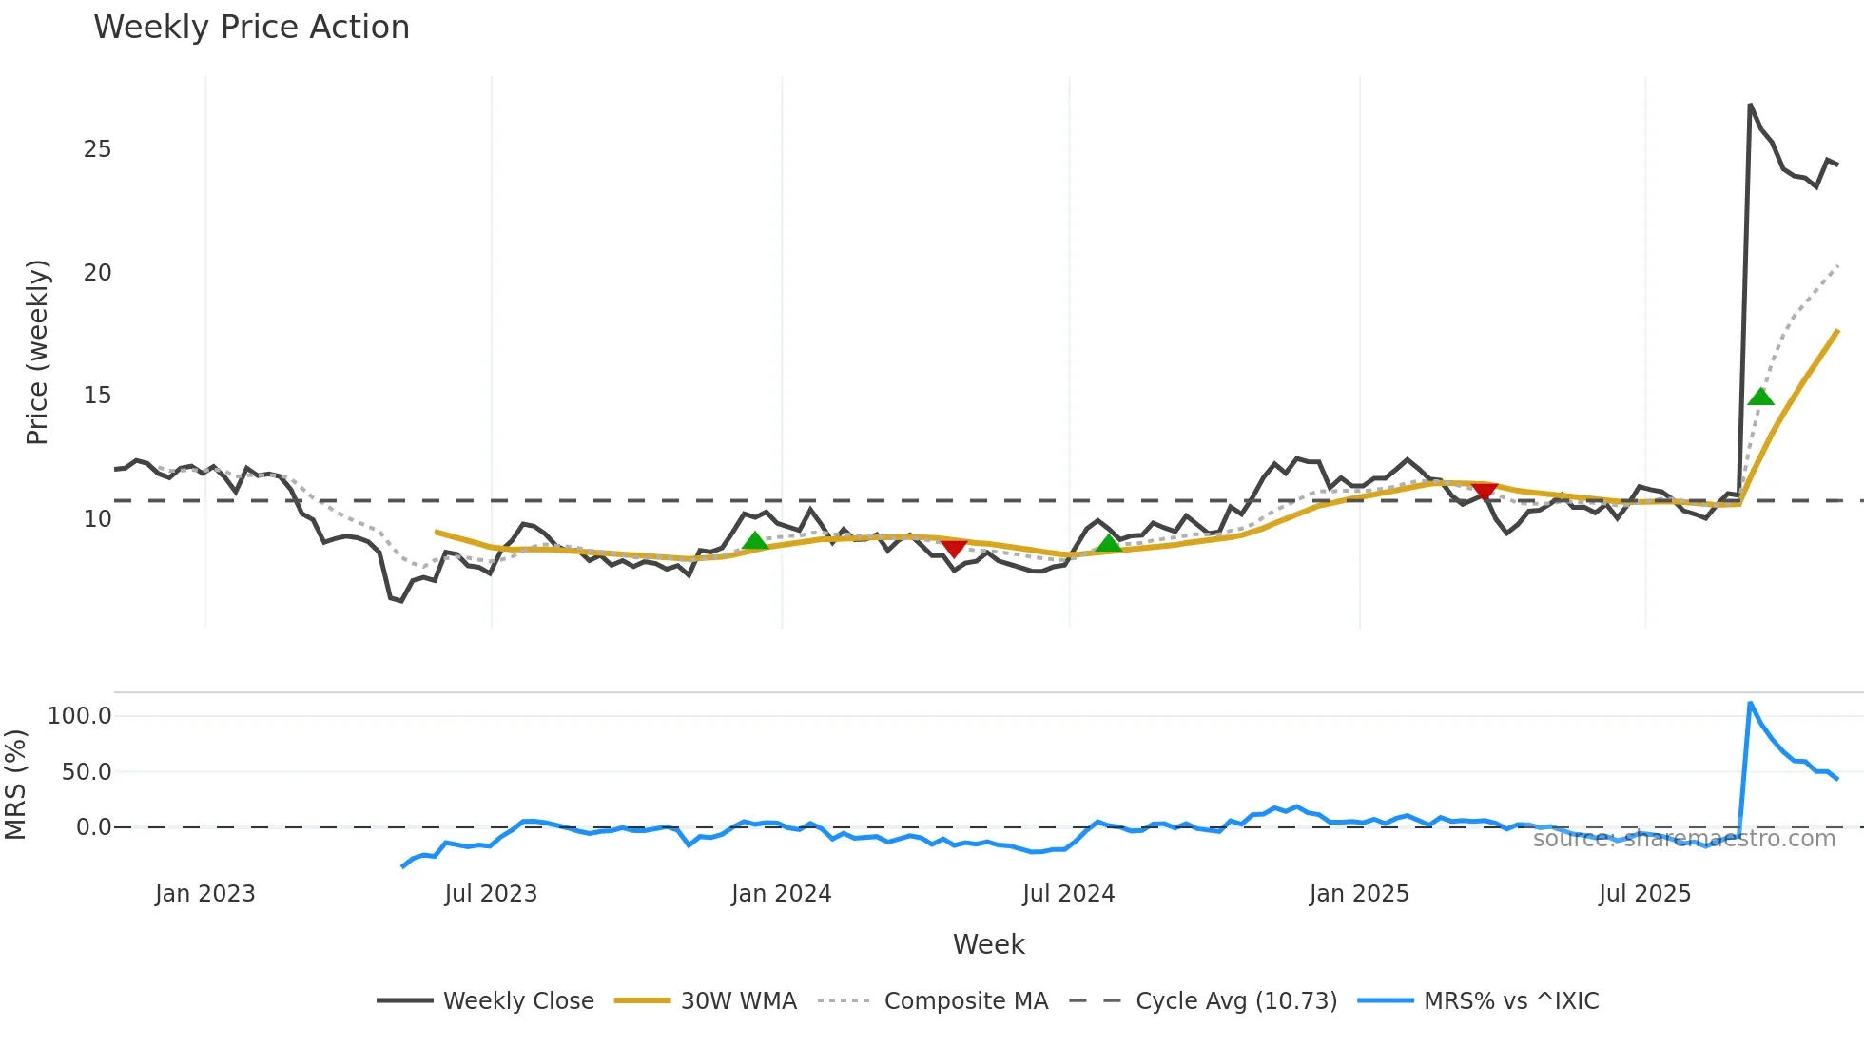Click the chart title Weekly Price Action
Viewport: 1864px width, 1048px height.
[x=251, y=28]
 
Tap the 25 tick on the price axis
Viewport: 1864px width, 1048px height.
[x=97, y=149]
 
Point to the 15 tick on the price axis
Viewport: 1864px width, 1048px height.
[x=97, y=396]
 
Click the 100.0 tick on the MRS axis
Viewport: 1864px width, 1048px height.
[x=80, y=716]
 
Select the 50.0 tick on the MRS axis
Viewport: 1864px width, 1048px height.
[x=87, y=772]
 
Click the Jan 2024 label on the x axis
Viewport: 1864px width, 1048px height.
[x=781, y=894]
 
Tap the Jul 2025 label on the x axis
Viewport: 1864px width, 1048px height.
[x=1644, y=894]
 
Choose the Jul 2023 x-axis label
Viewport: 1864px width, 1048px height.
[x=491, y=894]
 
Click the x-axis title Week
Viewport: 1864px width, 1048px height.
[x=988, y=944]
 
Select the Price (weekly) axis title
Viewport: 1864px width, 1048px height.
[x=37, y=352]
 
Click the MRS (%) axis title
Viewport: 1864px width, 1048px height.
[x=15, y=785]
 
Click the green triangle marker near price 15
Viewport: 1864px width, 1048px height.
[x=1760, y=397]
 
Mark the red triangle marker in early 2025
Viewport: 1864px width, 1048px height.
[x=1484, y=491]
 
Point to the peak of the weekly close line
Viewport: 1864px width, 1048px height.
[x=1750, y=105]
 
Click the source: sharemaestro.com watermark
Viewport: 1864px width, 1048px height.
[x=1683, y=839]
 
